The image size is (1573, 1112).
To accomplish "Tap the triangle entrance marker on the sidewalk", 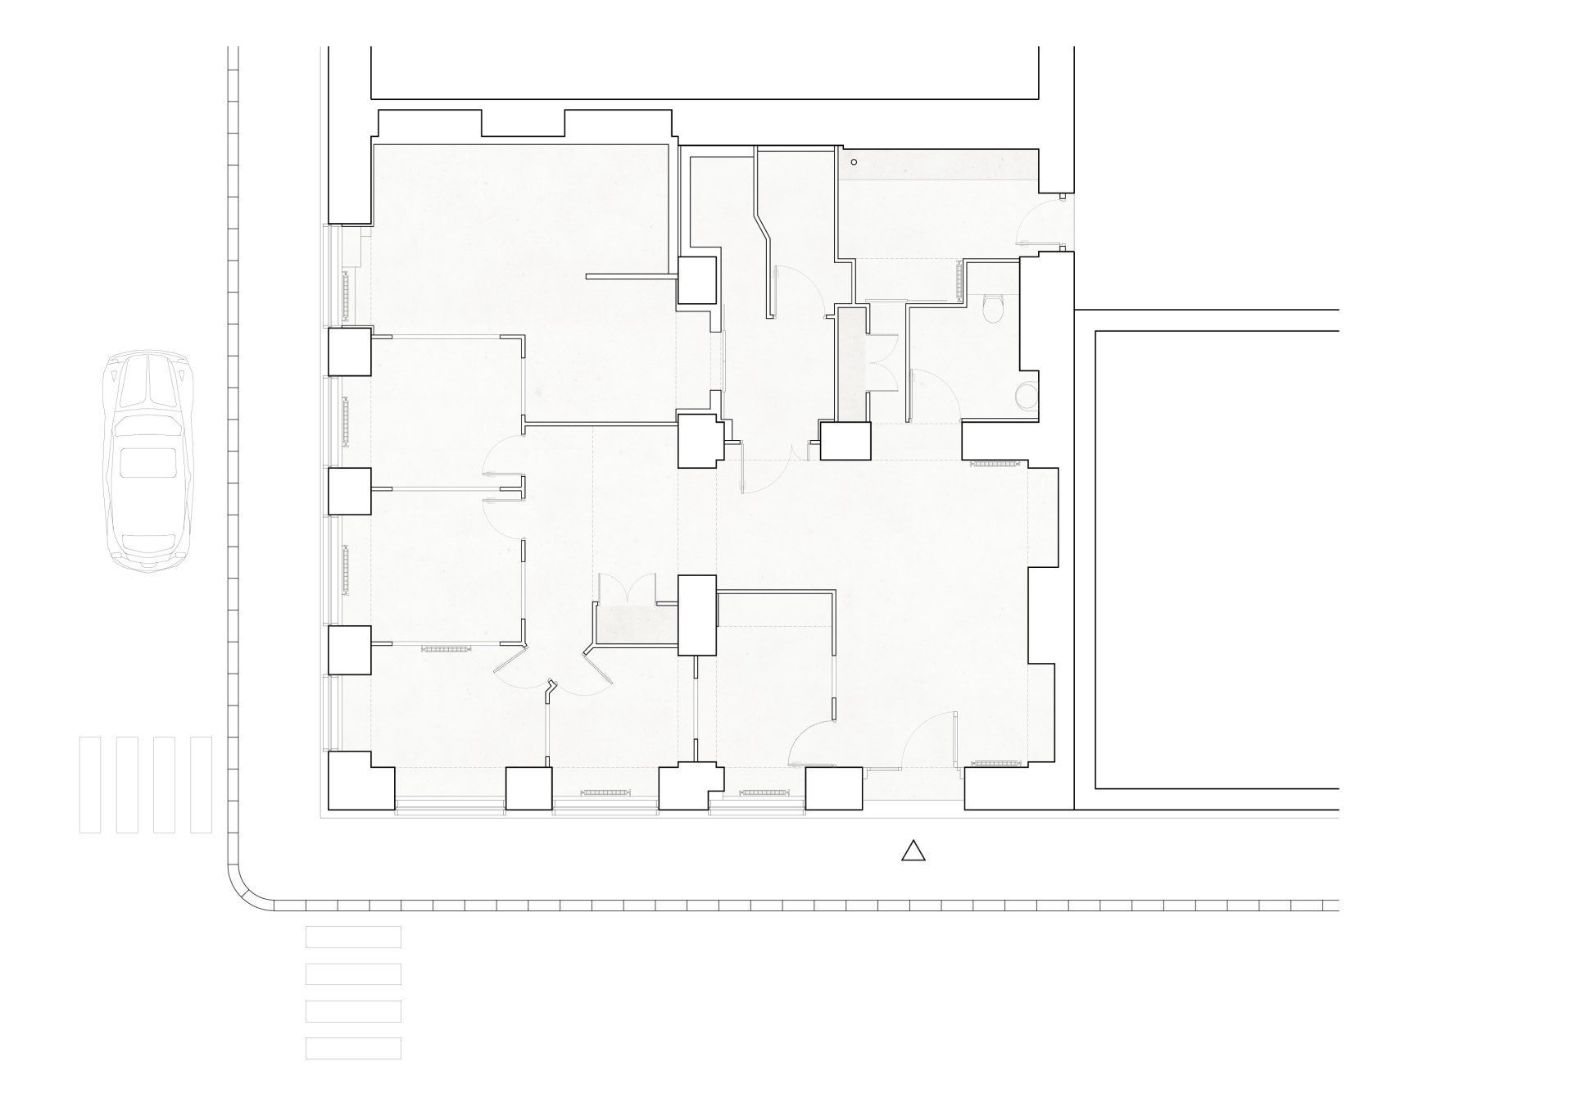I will pyautogui.click(x=913, y=852).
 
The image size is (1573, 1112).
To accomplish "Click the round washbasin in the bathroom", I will pyautogui.click(x=1025, y=397).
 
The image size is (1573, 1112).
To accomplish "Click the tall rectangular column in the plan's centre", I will pyautogui.click(x=697, y=615).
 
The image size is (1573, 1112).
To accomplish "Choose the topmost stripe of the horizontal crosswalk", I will pyautogui.click(x=353, y=937).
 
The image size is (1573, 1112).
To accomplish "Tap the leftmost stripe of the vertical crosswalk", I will pyautogui.click(x=90, y=784).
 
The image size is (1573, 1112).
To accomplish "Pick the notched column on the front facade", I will pyautogui.click(x=690, y=787).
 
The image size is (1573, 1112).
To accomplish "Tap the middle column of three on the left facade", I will pyautogui.click(x=350, y=491).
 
